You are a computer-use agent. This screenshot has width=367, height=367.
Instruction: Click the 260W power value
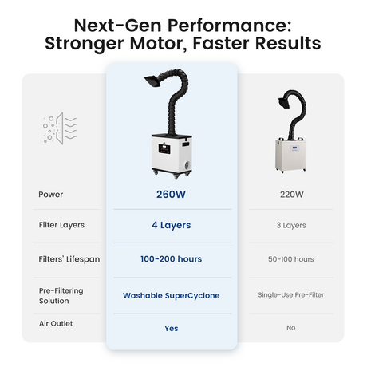coord(171,195)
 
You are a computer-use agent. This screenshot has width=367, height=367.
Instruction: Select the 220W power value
coord(291,195)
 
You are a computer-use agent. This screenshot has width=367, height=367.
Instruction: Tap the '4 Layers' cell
coord(172,225)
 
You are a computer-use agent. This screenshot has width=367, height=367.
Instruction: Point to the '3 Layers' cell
coord(291,225)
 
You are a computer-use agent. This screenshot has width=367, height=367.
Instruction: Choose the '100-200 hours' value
coord(172,259)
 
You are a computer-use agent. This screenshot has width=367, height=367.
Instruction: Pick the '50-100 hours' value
coord(291,259)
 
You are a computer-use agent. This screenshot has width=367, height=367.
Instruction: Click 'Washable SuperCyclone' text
coord(172,295)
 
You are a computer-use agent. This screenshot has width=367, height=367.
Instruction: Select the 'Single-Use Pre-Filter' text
coord(291,294)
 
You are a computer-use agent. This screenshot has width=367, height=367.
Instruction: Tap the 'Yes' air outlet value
coord(172,329)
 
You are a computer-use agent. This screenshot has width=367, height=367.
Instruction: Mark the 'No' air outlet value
coord(291,328)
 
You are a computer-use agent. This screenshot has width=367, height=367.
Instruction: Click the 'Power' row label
coord(51,195)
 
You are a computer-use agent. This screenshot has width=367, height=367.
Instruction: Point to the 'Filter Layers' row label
coord(61,225)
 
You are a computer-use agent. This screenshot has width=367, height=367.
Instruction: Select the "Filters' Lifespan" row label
coord(69,259)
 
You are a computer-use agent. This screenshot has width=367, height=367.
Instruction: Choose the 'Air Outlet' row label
coord(56,323)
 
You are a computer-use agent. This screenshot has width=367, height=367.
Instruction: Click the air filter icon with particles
coord(60,128)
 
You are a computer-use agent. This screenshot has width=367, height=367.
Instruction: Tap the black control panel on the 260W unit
coord(164,148)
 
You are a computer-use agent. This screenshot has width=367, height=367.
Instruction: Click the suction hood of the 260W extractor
coord(153,81)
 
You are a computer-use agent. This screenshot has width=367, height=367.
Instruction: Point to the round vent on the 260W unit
coord(187,165)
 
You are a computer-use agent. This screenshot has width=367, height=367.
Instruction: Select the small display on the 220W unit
coord(295,148)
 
